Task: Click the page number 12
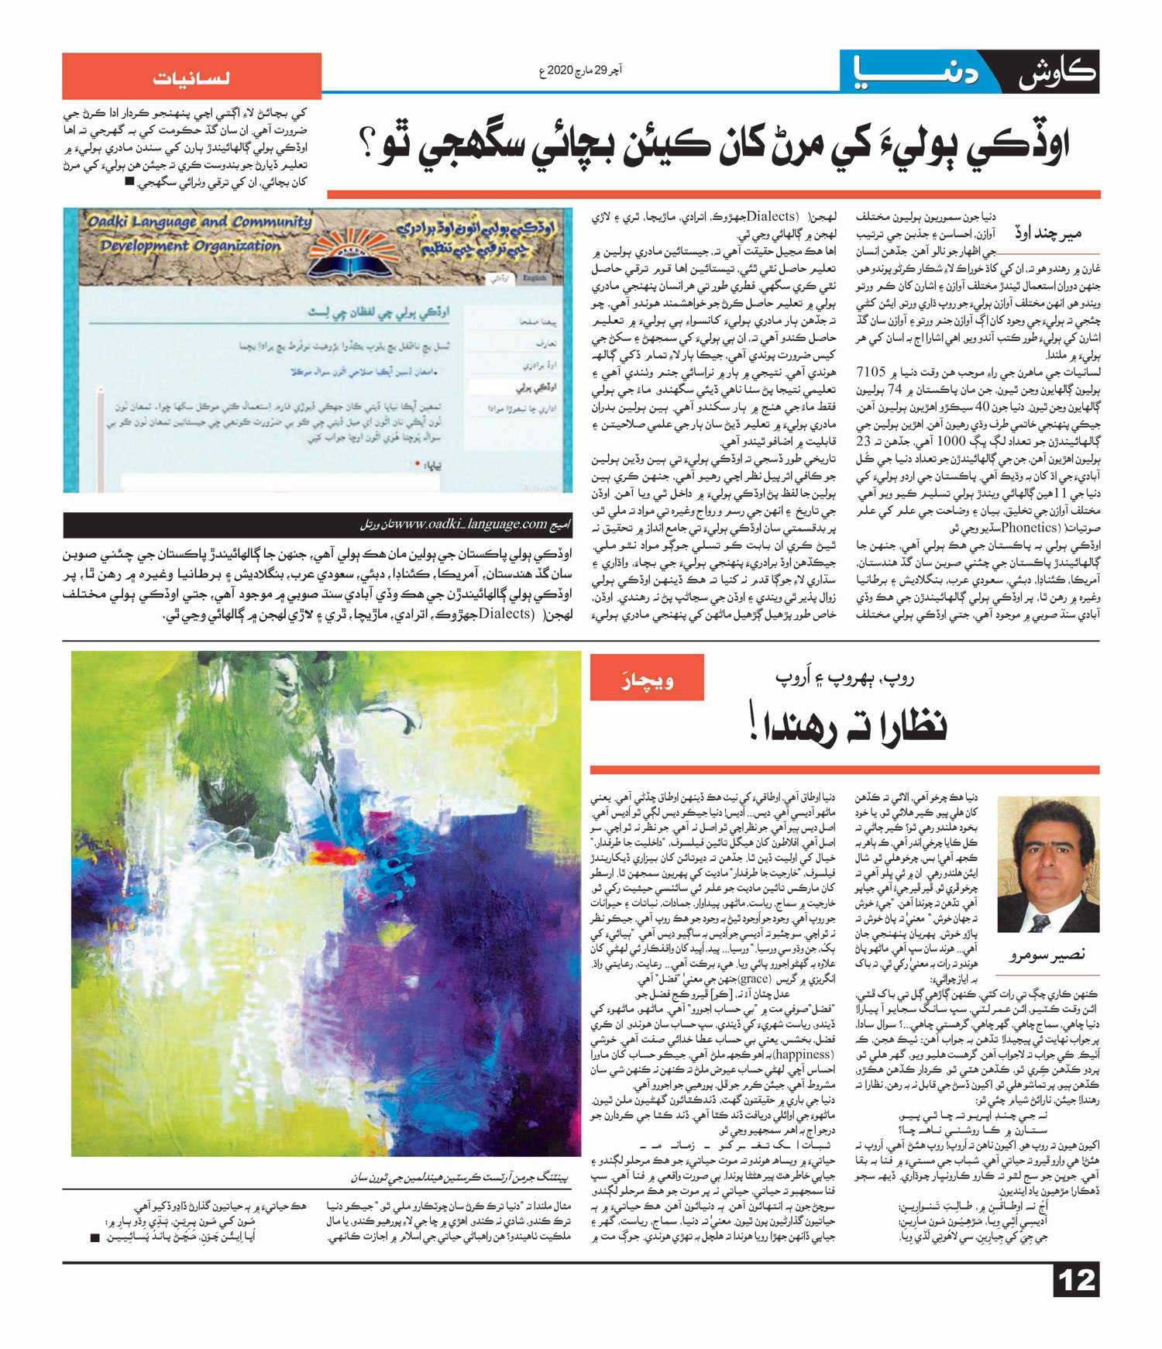[x=1076, y=1279]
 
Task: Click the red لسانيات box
[x=191, y=77]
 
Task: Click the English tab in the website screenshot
[x=535, y=277]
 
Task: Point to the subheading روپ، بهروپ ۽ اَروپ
[x=844, y=676]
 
